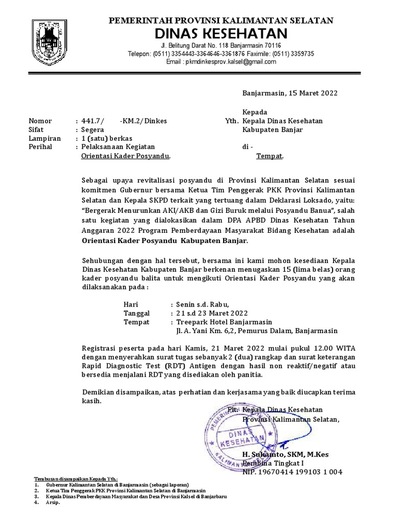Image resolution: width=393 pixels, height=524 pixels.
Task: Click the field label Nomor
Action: pos(40,121)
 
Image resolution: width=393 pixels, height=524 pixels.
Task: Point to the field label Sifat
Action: pos(37,130)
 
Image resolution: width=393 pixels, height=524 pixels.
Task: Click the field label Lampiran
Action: pos(45,139)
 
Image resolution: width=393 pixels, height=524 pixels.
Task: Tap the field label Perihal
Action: pos(42,147)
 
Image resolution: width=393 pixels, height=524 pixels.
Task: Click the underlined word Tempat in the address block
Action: pos(269,156)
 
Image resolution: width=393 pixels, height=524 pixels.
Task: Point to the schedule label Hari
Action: pos(131,304)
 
